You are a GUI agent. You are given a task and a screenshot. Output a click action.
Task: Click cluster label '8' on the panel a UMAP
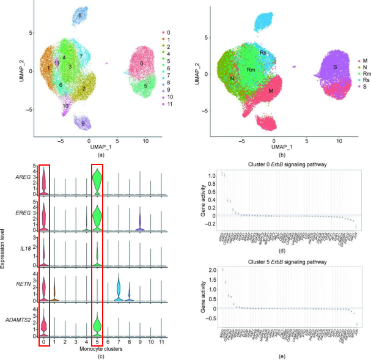click(79, 14)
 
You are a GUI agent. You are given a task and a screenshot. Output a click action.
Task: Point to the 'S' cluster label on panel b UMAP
click(335, 66)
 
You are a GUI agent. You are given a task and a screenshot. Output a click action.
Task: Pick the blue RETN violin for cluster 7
click(119, 288)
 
